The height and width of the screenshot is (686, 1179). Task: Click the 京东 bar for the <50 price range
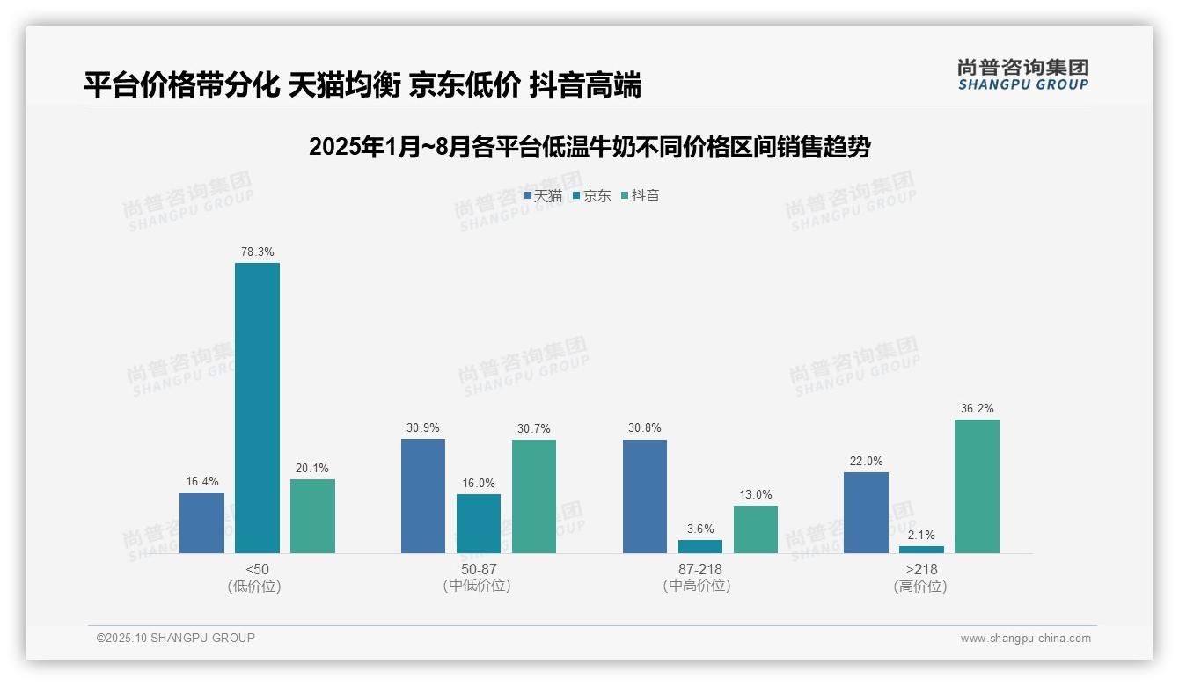tap(257, 407)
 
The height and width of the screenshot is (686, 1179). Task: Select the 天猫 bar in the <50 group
tap(201, 522)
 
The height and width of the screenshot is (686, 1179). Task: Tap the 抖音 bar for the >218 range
tap(977, 485)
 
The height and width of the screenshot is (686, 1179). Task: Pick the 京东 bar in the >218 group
tap(921, 550)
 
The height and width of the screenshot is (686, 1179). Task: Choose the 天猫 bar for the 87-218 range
tap(645, 496)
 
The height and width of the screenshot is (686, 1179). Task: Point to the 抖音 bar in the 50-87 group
tap(534, 496)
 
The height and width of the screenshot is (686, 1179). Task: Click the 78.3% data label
tap(257, 252)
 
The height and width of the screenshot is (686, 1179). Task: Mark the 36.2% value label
tap(977, 408)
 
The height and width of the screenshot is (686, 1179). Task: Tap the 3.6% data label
tap(700, 529)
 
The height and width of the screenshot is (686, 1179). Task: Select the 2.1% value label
tap(921, 535)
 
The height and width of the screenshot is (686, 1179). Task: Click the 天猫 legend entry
tap(543, 196)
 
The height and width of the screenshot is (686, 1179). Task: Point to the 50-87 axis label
tap(478, 569)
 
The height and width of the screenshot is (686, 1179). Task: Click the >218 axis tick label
tap(921, 569)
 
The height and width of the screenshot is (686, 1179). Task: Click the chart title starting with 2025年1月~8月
tap(589, 147)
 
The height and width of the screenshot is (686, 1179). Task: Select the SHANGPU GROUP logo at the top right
tap(1022, 75)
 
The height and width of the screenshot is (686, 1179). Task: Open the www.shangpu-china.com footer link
tap(1025, 639)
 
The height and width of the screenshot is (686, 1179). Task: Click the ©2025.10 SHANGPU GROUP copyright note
tap(175, 638)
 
